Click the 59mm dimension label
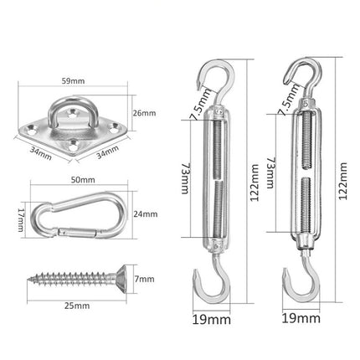click(74, 82)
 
